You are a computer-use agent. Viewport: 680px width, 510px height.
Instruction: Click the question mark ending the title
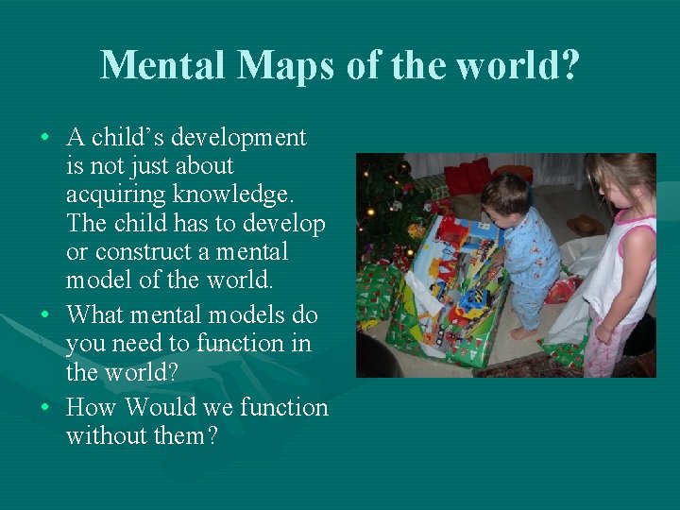(x=568, y=66)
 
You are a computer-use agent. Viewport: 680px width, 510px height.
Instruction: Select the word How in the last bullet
(x=92, y=408)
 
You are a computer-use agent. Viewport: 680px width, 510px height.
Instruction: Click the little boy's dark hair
(x=505, y=194)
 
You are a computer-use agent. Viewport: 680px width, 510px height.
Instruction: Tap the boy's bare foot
(x=521, y=333)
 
